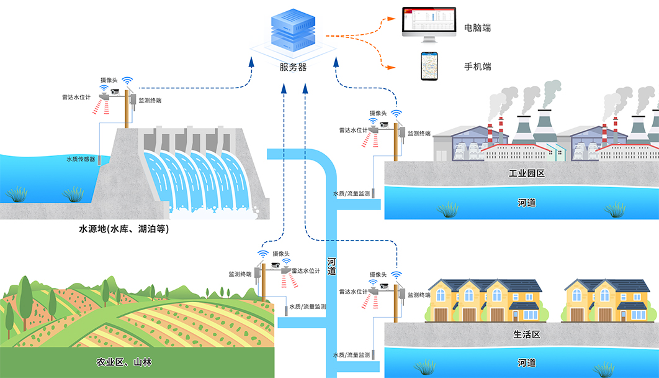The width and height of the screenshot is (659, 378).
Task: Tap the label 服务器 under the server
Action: coord(293,67)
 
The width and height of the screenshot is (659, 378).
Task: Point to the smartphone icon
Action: coord(429,65)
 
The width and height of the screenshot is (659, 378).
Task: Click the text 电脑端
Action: coord(477,28)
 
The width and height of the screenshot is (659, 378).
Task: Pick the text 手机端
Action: coord(477,66)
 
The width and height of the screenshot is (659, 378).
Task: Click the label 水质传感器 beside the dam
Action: coord(81,159)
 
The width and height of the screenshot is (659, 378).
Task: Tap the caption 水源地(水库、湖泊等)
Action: coord(123,229)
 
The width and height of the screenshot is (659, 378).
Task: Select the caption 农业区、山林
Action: coord(125,362)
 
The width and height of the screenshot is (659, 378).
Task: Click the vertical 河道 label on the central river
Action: coord(331,266)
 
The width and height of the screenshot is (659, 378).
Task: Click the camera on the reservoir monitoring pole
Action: coord(115,91)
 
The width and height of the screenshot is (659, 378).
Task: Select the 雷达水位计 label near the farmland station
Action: coord(305,272)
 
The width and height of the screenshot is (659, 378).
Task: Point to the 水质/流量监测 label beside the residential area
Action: coord(351,355)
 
